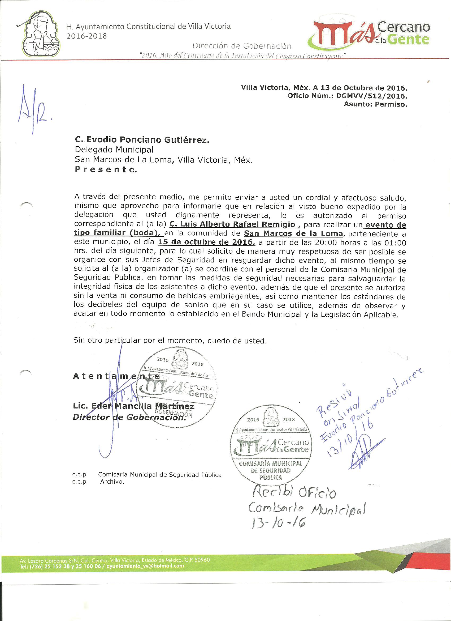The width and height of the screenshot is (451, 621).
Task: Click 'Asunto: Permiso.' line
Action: coord(375,104)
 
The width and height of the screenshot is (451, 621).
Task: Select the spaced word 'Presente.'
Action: coord(106,170)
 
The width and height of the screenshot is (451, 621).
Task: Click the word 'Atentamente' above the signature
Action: coord(116,376)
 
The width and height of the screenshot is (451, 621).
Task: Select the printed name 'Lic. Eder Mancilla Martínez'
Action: coord(133,406)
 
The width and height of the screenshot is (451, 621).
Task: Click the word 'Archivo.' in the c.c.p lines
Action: coord(112,482)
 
